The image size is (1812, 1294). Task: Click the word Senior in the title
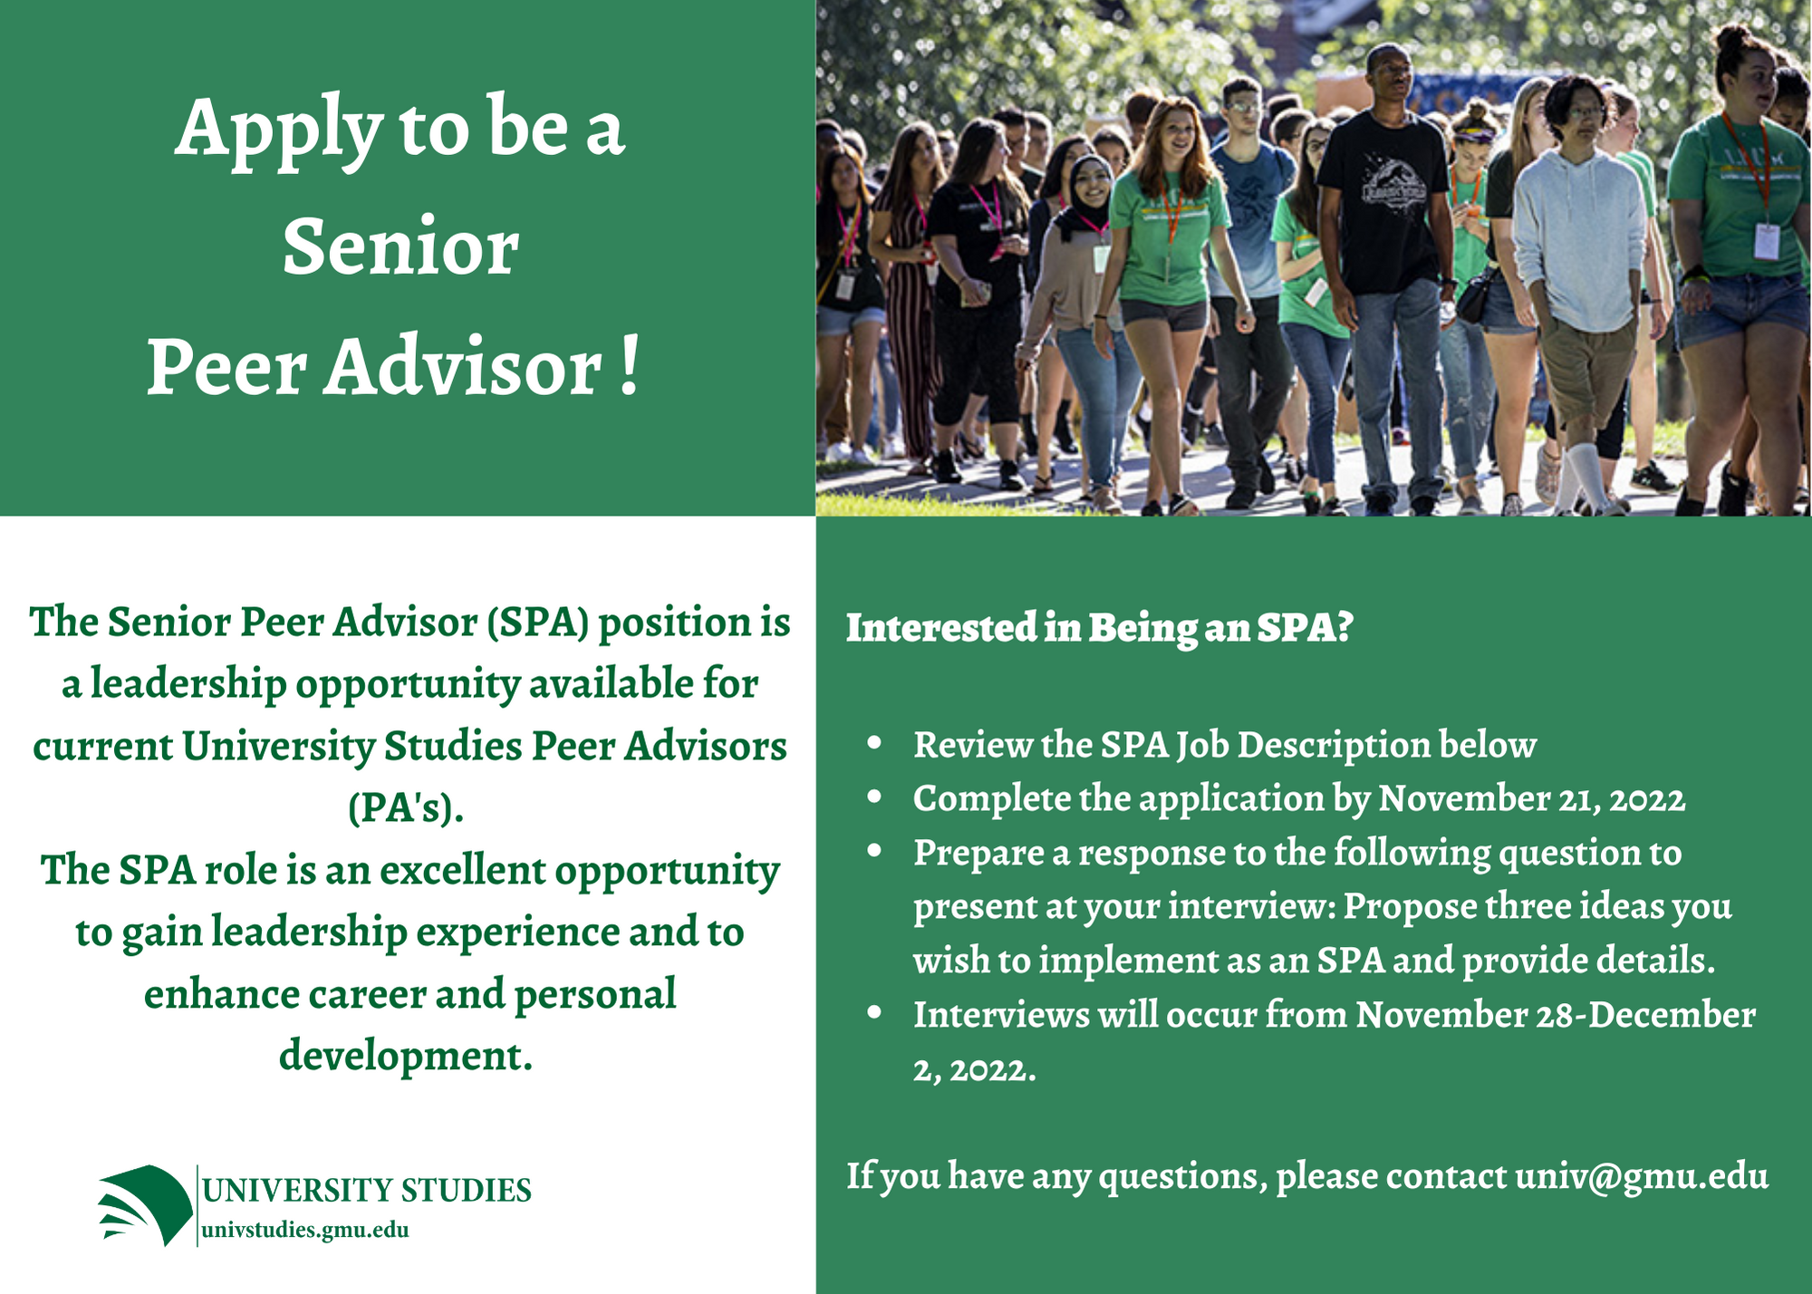(x=400, y=247)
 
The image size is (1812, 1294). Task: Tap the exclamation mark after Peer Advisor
(x=631, y=367)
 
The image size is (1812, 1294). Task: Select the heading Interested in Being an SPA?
(x=1099, y=628)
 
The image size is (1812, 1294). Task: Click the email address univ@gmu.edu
(x=1641, y=1176)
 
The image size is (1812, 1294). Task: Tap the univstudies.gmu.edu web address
(x=305, y=1231)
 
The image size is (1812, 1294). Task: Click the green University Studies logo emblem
(x=146, y=1204)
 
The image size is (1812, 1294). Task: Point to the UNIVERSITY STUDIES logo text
(x=366, y=1191)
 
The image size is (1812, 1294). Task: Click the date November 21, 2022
(x=1531, y=799)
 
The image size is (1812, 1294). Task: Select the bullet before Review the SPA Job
(x=874, y=744)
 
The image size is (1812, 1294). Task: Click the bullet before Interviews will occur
(x=874, y=1013)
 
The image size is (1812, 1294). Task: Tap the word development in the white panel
(x=405, y=1057)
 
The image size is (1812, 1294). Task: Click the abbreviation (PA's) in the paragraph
(x=406, y=808)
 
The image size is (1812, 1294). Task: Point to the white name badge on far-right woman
(x=1766, y=240)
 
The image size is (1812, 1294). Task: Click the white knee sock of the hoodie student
(x=1587, y=476)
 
